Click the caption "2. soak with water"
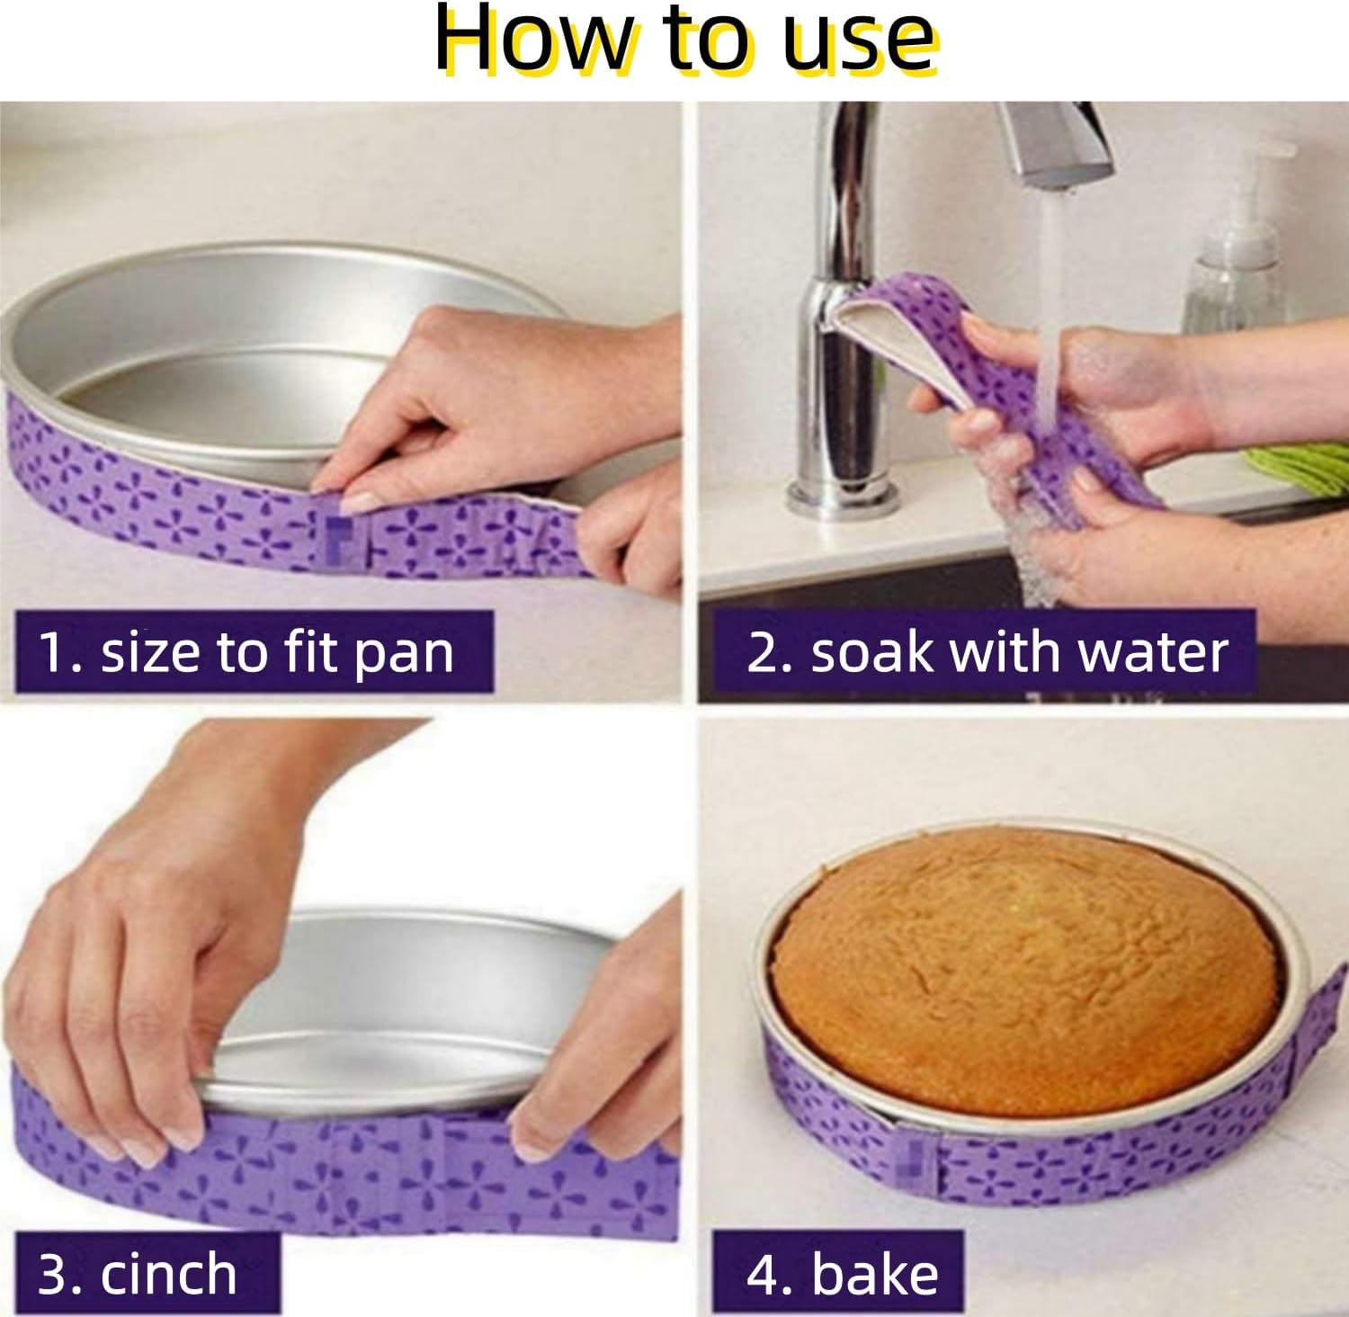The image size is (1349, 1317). tap(987, 652)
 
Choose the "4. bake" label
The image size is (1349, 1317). tap(842, 1274)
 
